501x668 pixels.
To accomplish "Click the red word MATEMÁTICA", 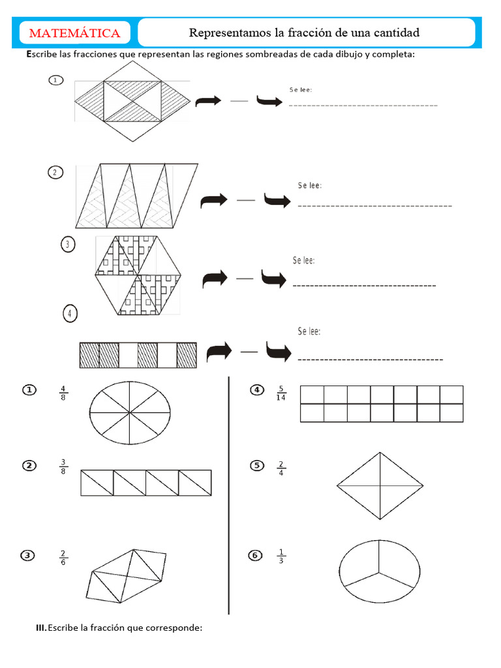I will pos(74,33).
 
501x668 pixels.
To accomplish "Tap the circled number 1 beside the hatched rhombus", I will pos(55,80).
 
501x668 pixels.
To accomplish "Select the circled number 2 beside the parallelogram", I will pos(55,172).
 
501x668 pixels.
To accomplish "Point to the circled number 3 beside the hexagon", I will pos(67,245).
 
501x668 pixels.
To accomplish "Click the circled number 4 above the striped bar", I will pos(70,314).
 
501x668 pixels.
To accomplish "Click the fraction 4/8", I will pos(63,393).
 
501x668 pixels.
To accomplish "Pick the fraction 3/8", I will pos(63,466).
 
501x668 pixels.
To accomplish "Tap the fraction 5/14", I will pos(281,394).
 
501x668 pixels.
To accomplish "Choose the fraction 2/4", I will pos(281,468).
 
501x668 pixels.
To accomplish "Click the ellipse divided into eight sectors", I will pos(130,413).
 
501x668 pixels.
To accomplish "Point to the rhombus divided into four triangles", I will pos(379,486).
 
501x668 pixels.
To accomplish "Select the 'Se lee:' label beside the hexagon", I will pos(304,261).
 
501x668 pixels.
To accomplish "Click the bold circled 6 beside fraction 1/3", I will pos(255,555).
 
